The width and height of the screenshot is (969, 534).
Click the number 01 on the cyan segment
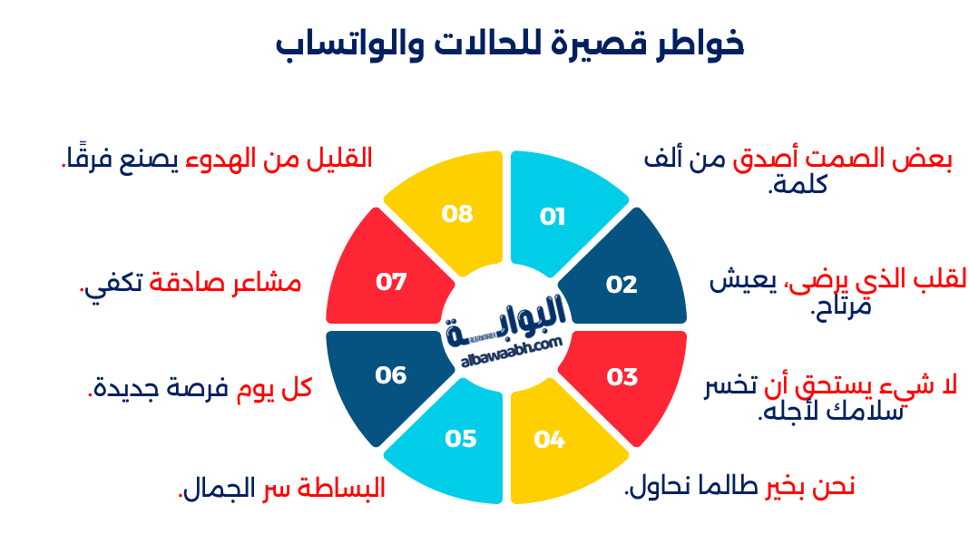(x=553, y=217)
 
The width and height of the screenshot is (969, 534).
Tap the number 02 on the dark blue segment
(x=622, y=285)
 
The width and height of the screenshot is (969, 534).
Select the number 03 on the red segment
(x=622, y=377)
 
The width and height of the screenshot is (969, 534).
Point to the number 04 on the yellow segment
(x=550, y=441)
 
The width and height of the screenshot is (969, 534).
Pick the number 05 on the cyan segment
(x=461, y=439)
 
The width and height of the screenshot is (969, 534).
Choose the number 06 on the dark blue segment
(x=391, y=374)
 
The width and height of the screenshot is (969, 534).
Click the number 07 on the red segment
(x=391, y=282)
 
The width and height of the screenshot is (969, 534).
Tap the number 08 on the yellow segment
(x=457, y=214)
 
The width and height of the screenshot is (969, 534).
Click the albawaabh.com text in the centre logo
(x=512, y=351)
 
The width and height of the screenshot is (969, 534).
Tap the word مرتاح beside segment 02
(x=840, y=306)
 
